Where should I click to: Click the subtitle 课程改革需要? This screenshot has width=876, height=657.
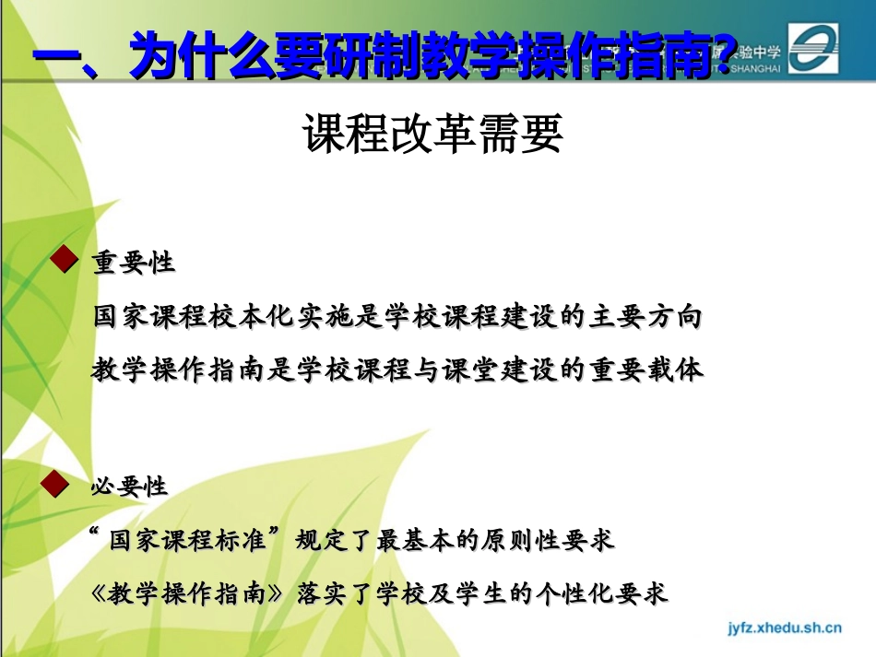[x=432, y=135]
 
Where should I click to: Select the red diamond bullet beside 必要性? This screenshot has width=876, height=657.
[x=60, y=483]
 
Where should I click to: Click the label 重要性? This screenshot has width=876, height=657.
[x=133, y=263]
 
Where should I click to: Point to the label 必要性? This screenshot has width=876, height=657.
[x=129, y=487]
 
